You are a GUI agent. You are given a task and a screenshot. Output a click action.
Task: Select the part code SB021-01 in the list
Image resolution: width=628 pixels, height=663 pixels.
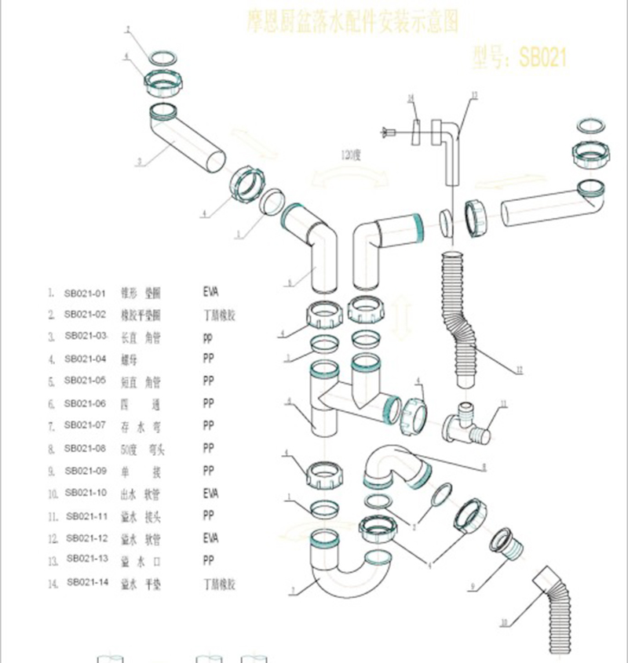[x=84, y=293]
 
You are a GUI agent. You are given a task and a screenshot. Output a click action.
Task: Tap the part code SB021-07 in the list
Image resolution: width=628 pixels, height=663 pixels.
[x=84, y=426]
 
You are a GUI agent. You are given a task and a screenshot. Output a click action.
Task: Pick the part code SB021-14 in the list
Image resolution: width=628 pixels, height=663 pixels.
[x=86, y=582]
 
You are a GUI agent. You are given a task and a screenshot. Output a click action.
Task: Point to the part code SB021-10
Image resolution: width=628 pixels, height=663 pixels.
[x=85, y=493]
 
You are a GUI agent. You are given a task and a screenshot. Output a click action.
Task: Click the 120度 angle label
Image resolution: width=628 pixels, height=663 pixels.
[x=349, y=154]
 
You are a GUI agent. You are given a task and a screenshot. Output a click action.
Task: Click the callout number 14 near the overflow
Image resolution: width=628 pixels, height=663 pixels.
[x=410, y=98]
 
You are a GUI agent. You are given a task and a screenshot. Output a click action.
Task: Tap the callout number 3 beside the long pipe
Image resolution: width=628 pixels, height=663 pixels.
[x=138, y=163]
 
